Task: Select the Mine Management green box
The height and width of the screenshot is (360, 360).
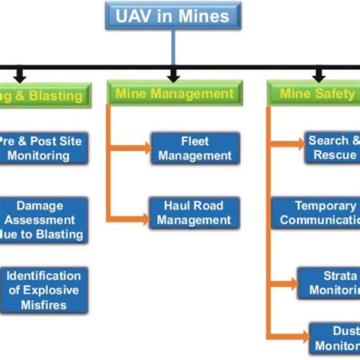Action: (174, 94)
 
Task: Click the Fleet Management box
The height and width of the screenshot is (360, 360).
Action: (195, 148)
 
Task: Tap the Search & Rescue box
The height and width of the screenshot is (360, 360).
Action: (328, 148)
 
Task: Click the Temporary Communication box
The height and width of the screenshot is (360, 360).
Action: (317, 213)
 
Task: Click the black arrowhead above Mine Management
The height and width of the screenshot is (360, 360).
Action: (174, 76)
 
